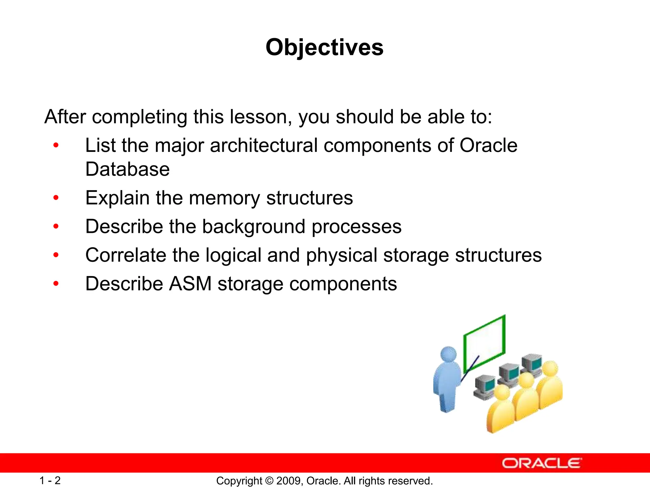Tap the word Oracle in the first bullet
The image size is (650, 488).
pos(488,146)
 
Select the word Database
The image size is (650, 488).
pos(127,169)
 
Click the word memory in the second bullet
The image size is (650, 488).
pos(224,198)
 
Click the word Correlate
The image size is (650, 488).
pos(126,255)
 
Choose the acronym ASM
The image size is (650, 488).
pos(190,284)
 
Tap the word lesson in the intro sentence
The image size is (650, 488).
pos(258,117)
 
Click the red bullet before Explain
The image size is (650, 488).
pos(56,198)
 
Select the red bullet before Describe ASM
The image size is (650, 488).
pos(56,283)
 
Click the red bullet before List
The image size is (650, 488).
pos(56,146)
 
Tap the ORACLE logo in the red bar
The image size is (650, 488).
pos(541,463)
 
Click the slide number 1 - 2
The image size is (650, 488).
pos(50,480)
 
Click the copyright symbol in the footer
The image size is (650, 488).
pos(269,481)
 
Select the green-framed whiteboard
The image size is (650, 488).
pos(485,342)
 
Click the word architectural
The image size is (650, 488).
pos(264,146)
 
